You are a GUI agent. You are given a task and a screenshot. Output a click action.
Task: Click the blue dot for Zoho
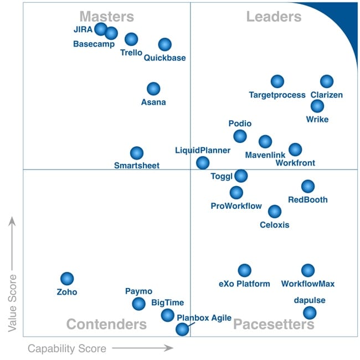coord(67,279)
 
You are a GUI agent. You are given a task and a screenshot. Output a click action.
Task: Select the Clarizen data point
coord(326,81)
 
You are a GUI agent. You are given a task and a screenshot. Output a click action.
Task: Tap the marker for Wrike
coord(317,106)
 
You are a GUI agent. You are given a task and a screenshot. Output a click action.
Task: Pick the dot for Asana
coord(153,89)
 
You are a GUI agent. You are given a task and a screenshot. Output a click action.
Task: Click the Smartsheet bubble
coord(137,153)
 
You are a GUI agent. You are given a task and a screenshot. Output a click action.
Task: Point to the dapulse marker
coord(310,313)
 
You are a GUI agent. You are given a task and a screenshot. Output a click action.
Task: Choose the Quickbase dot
coord(164,44)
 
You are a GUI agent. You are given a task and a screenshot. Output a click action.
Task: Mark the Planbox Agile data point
coord(182,330)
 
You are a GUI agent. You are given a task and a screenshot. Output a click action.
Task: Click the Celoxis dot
coord(275,211)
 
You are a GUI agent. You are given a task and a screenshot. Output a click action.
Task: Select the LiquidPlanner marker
coord(203,162)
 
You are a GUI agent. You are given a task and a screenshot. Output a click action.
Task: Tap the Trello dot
coord(131,39)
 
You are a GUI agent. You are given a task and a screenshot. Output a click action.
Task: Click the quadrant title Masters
coord(106,17)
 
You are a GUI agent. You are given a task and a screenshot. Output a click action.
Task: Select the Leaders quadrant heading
coord(274,17)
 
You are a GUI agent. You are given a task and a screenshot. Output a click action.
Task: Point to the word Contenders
coord(106,324)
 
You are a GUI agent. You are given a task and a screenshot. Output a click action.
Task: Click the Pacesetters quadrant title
coord(274,324)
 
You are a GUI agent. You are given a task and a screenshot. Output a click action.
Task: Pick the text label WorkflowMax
coord(308,284)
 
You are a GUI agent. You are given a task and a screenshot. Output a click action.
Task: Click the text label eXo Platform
coord(244,284)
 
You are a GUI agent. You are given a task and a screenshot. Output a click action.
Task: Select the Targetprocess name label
coord(277,95)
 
